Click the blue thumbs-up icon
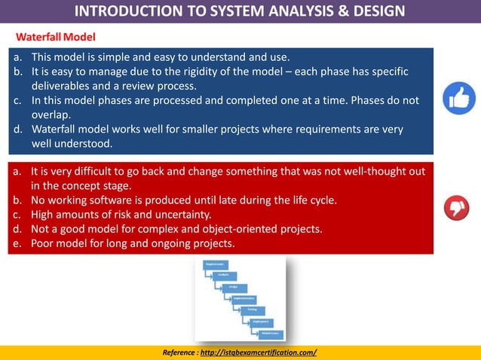tap(458, 99)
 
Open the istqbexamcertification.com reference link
tap(259, 352)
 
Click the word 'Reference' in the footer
tap(179, 352)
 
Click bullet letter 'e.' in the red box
tap(17, 243)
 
